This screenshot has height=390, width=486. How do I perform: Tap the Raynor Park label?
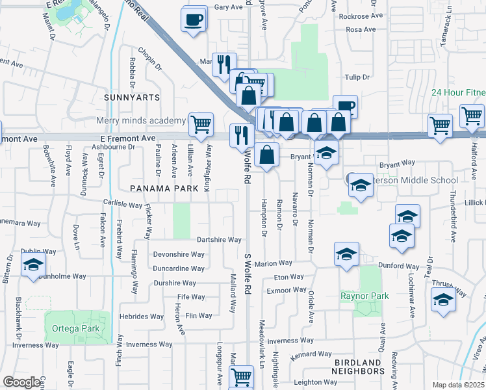click(x=364, y=296)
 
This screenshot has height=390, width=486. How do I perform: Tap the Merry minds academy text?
click(x=140, y=121)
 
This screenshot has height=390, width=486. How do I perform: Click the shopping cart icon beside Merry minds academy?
click(x=201, y=123)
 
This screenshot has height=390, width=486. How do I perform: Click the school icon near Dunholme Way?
click(x=32, y=265)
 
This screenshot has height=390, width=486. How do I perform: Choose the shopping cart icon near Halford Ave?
click(x=472, y=116)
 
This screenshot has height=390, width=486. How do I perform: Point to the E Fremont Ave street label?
click(x=127, y=138)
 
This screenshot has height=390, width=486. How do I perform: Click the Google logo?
click(x=23, y=382)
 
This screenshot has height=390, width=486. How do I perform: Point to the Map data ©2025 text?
click(x=459, y=385)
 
